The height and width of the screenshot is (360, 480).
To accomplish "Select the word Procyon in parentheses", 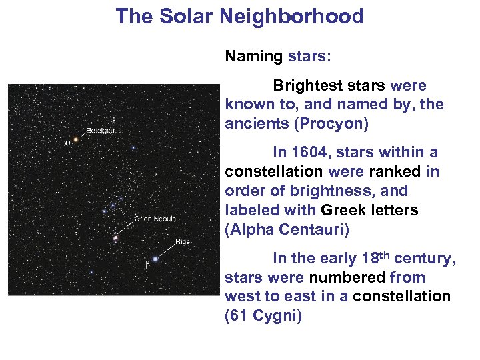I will tap(330, 124).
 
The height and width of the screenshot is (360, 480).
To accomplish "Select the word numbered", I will tap(355, 277).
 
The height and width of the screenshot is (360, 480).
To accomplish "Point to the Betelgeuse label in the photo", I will tap(104, 131).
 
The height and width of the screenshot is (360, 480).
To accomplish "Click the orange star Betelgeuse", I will tap(75, 139).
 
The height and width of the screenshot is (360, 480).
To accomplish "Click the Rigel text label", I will tap(183, 242).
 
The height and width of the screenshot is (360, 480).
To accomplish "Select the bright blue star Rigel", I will tap(155, 259).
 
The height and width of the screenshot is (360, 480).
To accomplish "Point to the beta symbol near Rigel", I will tap(147, 265).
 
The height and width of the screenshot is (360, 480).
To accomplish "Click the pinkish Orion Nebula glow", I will tap(116, 237).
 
